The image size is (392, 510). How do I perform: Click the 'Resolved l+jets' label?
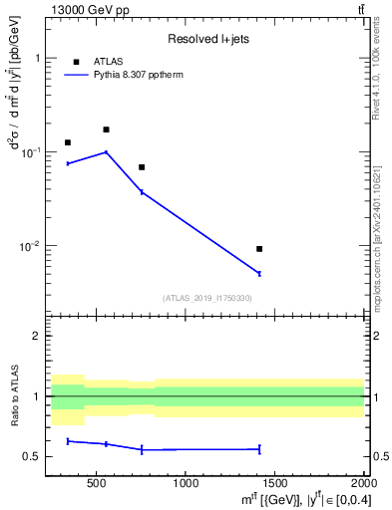pos(207,39)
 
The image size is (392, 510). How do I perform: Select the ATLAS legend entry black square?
pos(74,62)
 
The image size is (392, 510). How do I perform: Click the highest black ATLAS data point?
pos(106,129)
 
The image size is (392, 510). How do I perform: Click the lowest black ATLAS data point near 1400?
pos(259,249)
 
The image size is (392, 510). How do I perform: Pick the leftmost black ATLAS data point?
pos(68,142)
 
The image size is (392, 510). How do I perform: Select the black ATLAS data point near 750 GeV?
pos(142,167)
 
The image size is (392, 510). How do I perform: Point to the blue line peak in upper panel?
pos(106,152)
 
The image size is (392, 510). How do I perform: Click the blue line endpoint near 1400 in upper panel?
pos(259,273)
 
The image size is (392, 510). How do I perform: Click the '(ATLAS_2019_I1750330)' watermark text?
pos(207,298)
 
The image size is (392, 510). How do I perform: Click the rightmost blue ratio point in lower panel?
pos(259,449)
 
